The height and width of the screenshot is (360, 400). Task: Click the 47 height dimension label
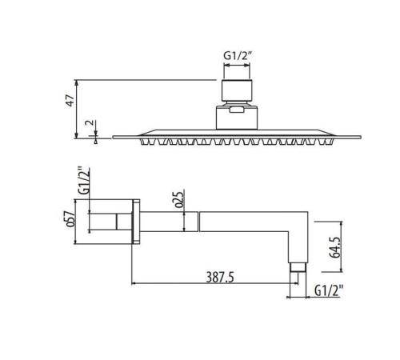tap(70, 101)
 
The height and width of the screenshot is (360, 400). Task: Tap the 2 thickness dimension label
tap(90, 123)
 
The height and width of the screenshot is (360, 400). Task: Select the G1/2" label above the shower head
tap(238, 56)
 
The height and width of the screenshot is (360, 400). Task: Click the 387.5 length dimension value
tap(220, 278)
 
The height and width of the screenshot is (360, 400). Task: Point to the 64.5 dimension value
tap(335, 247)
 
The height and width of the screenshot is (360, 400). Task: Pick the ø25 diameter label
tap(179, 199)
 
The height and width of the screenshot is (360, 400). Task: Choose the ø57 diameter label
tap(70, 219)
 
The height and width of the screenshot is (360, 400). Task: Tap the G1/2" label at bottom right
tap(328, 290)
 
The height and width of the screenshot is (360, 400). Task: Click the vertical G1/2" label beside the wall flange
tap(84, 182)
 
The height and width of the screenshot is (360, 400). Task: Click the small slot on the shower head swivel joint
tap(237, 110)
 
